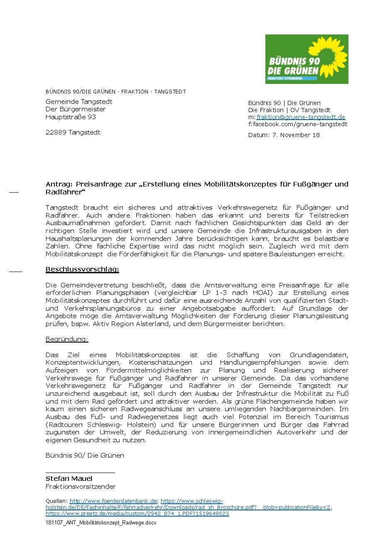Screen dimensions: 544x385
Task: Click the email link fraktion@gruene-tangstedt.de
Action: click(301, 117)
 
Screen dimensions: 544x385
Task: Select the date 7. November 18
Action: click(296, 135)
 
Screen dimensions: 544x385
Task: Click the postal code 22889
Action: click(56, 132)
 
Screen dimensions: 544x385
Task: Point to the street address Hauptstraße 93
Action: click(71, 117)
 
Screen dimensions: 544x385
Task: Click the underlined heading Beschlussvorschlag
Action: click(82, 270)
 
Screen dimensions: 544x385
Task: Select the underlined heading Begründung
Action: click(67, 339)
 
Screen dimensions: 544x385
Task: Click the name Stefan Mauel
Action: click(69, 479)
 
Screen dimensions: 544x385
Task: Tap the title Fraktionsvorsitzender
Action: click(81, 487)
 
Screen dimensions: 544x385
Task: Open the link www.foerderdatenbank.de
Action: click(113, 501)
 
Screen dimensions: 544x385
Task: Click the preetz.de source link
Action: click(137, 513)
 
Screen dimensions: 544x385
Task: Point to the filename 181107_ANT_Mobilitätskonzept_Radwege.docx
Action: click(101, 523)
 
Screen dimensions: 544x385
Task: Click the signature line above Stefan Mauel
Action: click(80, 473)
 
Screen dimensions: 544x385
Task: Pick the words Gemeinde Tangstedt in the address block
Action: click(79, 102)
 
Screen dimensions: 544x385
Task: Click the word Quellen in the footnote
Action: click(56, 501)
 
